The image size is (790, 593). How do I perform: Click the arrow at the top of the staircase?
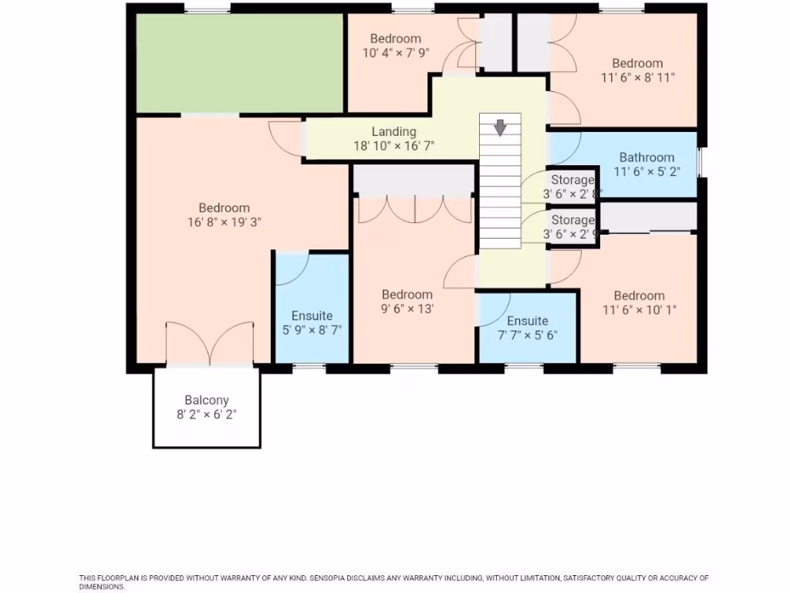501,127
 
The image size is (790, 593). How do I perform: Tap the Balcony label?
207,400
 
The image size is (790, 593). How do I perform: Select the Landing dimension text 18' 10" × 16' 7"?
394,145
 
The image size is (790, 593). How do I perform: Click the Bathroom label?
647,158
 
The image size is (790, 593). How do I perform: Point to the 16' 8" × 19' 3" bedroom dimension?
224,222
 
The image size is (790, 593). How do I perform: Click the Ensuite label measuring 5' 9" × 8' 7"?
312,316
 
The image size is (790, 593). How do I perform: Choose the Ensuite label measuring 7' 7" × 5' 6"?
528,321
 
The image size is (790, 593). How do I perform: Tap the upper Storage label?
572,180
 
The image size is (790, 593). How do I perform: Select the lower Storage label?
572,221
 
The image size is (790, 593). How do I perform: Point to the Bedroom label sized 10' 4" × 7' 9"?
395,39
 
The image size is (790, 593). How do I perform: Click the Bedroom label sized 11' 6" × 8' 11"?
637,63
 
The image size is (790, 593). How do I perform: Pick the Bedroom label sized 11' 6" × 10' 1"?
639,296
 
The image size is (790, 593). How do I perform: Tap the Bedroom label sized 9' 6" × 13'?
407,294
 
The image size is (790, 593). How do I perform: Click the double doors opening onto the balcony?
209,344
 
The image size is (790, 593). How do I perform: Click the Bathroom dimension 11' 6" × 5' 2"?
647,171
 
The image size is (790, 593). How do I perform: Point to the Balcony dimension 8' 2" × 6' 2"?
207,414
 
